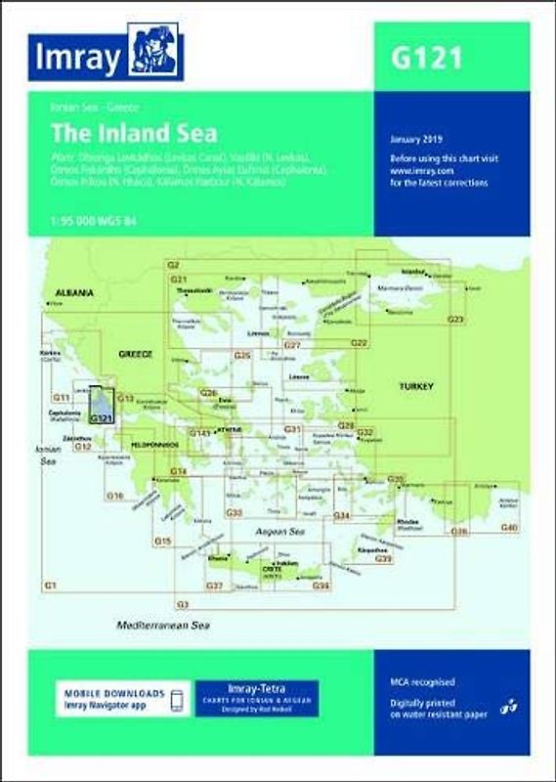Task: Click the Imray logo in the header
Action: click(106, 58)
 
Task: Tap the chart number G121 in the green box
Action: click(427, 58)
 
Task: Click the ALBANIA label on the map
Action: click(73, 292)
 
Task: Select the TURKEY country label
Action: click(416, 387)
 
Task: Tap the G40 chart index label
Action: click(507, 528)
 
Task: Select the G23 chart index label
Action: click(455, 320)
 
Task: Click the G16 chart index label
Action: click(115, 497)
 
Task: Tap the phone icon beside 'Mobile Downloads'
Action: click(176, 702)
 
